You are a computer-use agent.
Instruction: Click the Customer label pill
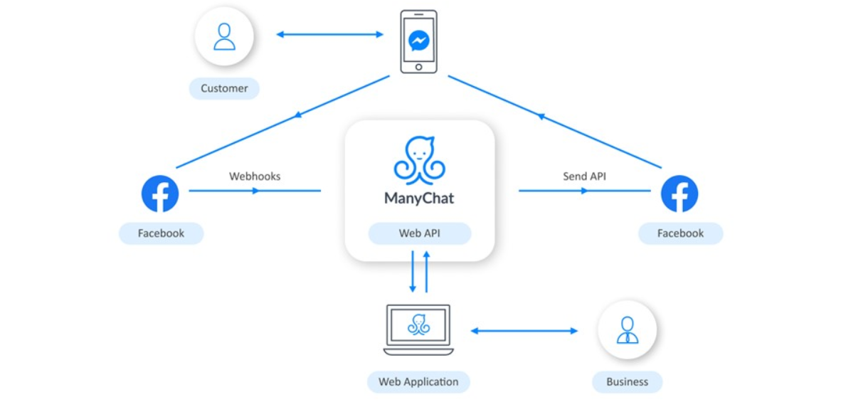point(224,88)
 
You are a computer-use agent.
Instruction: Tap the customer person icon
point(224,36)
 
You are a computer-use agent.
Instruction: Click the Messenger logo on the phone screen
point(418,41)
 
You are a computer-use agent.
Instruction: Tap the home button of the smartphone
point(418,68)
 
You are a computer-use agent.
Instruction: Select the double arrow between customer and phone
point(330,35)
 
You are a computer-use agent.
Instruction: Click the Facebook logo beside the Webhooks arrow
point(160,193)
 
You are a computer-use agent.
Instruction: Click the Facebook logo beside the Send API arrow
point(679,193)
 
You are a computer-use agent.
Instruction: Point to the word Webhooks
point(255,176)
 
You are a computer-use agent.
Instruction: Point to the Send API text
point(585,176)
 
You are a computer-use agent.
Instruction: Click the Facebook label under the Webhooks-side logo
point(161,233)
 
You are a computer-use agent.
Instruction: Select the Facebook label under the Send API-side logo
point(681,233)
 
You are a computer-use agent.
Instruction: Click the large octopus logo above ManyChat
point(419,159)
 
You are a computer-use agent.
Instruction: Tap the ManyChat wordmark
point(419,199)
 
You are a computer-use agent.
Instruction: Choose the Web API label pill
point(419,233)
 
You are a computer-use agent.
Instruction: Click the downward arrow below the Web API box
point(413,271)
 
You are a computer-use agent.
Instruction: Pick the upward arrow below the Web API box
point(426,271)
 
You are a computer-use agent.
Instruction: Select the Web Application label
point(418,382)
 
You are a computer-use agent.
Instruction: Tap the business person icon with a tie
point(627,329)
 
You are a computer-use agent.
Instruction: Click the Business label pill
point(627,382)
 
